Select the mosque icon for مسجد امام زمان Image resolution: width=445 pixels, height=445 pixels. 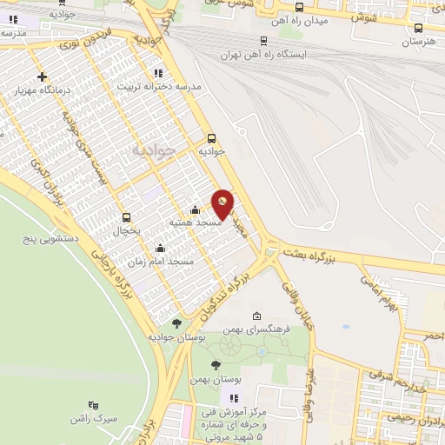coord(160,249)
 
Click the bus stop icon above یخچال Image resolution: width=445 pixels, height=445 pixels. coord(128,217)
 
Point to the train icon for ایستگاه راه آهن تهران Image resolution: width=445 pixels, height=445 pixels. coord(263,40)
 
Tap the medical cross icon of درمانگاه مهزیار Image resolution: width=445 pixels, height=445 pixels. coord(42,77)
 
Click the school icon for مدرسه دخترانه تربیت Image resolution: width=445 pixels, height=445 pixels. coord(157,73)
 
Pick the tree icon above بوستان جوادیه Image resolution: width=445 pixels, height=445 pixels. coord(177,323)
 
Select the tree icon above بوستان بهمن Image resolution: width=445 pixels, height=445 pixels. coord(216,365)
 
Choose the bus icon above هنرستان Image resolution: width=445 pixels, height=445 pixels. coord(418,28)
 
